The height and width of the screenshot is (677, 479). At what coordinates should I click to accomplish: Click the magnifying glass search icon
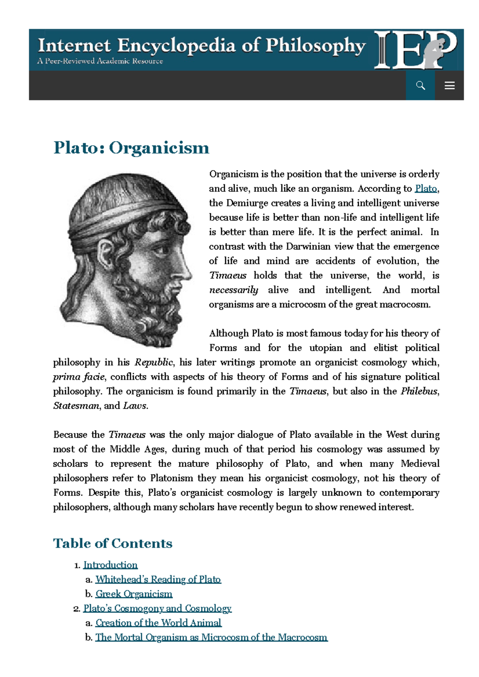click(x=420, y=85)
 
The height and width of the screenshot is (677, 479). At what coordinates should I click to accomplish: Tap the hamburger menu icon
click(x=449, y=85)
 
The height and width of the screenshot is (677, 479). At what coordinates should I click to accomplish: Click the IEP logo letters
click(x=415, y=50)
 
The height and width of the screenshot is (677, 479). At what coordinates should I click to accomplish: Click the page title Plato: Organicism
click(x=131, y=148)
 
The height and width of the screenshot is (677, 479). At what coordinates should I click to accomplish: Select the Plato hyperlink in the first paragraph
click(x=426, y=189)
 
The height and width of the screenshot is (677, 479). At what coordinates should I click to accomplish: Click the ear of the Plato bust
click(x=107, y=254)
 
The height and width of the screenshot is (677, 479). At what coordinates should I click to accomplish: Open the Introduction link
click(x=110, y=565)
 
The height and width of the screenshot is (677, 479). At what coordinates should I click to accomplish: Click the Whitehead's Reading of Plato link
click(x=158, y=579)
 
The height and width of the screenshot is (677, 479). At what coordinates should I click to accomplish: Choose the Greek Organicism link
click(x=134, y=594)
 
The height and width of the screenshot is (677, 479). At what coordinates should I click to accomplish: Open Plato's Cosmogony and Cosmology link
click(x=157, y=608)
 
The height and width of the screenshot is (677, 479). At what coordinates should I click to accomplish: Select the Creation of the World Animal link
click(x=158, y=623)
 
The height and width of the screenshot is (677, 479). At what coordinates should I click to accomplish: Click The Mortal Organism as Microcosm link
click(x=211, y=638)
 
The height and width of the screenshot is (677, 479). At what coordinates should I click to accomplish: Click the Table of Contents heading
click(x=113, y=543)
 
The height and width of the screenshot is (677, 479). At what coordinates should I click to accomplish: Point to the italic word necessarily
click(x=234, y=290)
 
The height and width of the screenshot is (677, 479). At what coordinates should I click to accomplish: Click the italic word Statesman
click(x=76, y=406)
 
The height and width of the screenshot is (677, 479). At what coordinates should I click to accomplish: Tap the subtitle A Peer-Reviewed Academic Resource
click(x=100, y=61)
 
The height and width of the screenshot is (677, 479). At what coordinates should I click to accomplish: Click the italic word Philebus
click(x=419, y=391)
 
